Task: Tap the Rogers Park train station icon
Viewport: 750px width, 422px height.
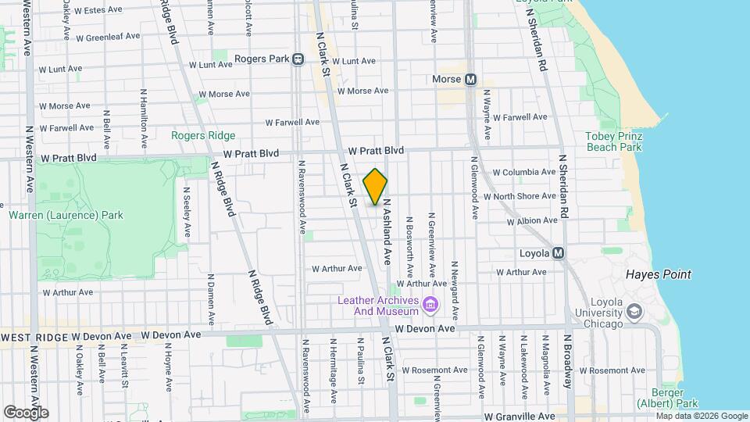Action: pos(298,59)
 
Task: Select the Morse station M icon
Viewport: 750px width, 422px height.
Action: pos(470,80)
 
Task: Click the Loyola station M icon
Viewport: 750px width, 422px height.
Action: pos(558,253)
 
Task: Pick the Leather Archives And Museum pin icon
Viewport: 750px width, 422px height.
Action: pos(429,304)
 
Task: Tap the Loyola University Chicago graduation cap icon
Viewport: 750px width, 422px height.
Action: pos(634,312)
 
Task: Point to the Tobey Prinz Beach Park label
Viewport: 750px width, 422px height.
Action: pos(613,141)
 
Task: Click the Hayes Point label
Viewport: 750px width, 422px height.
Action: pos(658,274)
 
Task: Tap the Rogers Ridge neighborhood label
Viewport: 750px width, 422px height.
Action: pos(203,135)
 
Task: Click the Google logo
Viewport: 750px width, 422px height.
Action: pos(26,412)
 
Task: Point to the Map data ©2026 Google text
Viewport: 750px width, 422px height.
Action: pos(702,416)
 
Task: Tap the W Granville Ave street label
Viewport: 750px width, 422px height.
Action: pos(519,417)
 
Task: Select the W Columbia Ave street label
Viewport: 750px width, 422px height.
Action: pos(523,173)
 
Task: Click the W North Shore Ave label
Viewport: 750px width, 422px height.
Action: pos(520,197)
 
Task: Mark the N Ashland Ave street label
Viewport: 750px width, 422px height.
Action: pos(386,231)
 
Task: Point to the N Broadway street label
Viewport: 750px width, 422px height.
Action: pos(567,361)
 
